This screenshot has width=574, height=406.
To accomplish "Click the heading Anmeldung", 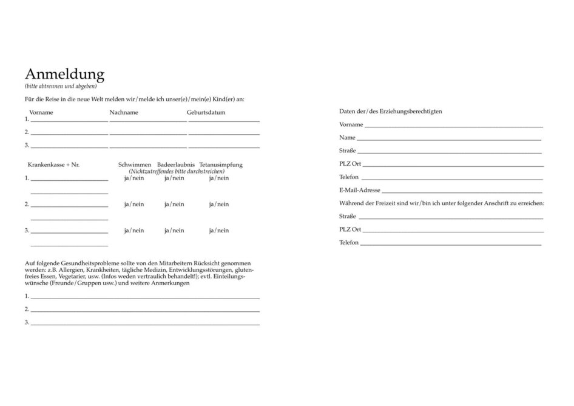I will (64, 74).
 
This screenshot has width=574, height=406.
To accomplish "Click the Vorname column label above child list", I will (41, 112).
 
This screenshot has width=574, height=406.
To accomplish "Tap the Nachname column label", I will (124, 112).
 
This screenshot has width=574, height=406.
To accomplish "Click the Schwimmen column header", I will (135, 164).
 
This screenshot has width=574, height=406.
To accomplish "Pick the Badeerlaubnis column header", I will (176, 164).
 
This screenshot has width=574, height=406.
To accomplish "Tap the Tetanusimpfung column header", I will (221, 164).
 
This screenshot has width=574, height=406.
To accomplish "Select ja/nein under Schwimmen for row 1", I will (134, 178).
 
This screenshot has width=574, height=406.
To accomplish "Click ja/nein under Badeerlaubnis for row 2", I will (174, 204).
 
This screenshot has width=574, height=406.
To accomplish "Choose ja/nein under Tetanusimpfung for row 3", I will (219, 230).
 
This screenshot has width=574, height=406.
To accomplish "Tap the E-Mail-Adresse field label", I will (360, 190).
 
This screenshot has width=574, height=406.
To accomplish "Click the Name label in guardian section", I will (347, 138).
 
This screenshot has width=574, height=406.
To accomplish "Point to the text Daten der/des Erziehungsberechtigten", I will (390, 111).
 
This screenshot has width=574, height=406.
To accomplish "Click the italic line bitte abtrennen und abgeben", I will (61, 86).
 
